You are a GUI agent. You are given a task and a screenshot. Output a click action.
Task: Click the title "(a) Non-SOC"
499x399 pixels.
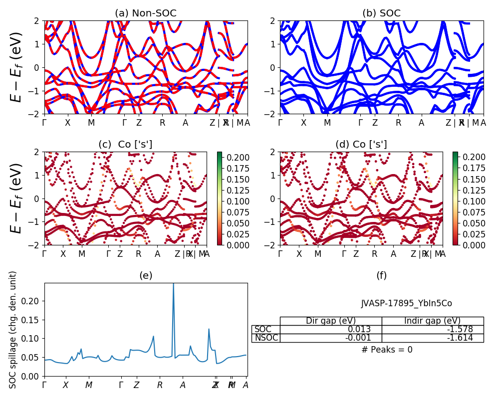click(x=146, y=13)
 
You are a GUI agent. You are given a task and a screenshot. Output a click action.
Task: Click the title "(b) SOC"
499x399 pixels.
click(x=382, y=13)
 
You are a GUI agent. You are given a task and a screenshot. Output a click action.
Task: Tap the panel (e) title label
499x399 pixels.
click(x=146, y=276)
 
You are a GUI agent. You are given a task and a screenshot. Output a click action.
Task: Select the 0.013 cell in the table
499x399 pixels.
click(x=331, y=329)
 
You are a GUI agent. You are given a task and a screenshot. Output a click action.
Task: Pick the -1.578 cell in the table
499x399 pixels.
click(x=433, y=329)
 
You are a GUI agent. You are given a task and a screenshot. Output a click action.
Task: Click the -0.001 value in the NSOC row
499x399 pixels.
click(x=331, y=338)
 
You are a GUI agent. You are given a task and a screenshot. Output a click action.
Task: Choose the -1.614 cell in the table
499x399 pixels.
click(x=433, y=338)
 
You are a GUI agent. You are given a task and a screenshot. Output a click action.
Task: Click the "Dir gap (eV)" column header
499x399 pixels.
click(x=331, y=321)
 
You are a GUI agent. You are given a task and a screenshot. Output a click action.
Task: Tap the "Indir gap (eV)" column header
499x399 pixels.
click(x=433, y=321)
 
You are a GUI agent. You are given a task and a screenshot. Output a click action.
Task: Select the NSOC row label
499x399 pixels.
click(x=266, y=338)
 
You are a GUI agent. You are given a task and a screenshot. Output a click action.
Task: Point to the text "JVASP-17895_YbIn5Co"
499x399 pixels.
click(x=407, y=303)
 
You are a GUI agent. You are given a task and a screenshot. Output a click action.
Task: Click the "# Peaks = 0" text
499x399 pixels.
click(x=387, y=350)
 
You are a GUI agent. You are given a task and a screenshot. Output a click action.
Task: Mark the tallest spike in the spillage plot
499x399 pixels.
click(x=173, y=284)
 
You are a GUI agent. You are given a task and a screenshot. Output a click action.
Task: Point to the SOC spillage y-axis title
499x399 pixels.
click(x=13, y=330)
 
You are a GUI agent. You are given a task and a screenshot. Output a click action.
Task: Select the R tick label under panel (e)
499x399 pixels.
click(x=160, y=385)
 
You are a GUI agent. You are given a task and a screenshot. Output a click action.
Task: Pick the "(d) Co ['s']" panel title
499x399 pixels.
click(x=361, y=145)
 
